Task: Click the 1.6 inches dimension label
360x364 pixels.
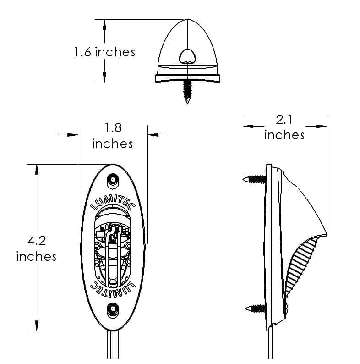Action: click(x=104, y=52)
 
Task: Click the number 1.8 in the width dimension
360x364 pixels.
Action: click(x=113, y=127)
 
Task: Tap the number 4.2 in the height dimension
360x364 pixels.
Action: click(x=37, y=241)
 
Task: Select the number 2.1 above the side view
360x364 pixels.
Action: click(x=284, y=120)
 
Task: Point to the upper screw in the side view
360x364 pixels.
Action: click(x=254, y=179)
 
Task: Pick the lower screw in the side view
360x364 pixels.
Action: click(x=256, y=309)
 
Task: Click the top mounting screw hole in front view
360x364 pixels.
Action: click(x=113, y=180)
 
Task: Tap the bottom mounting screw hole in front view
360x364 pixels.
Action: click(x=113, y=310)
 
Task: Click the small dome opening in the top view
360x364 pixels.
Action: click(x=187, y=56)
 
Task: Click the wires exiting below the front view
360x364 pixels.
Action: click(x=113, y=345)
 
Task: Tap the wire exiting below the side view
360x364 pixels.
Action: click(x=270, y=343)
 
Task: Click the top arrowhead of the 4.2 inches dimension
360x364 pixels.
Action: click(x=37, y=170)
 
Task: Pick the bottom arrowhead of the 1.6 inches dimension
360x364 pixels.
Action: click(x=104, y=77)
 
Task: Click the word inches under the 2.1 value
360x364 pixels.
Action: click(x=284, y=135)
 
